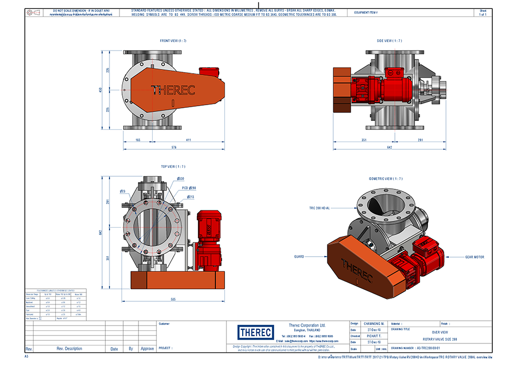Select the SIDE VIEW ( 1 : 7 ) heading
point(389,40)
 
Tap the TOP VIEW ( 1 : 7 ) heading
point(173,167)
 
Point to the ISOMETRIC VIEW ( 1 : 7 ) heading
point(385,179)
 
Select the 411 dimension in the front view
point(188,140)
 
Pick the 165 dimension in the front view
point(138,140)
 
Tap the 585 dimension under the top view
point(173,300)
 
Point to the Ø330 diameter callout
point(180,179)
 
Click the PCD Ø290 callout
point(189,188)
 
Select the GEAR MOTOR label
point(474,257)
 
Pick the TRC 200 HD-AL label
point(319,208)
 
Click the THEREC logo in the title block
point(255,332)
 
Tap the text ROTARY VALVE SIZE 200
point(440,339)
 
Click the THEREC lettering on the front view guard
point(173,90)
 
